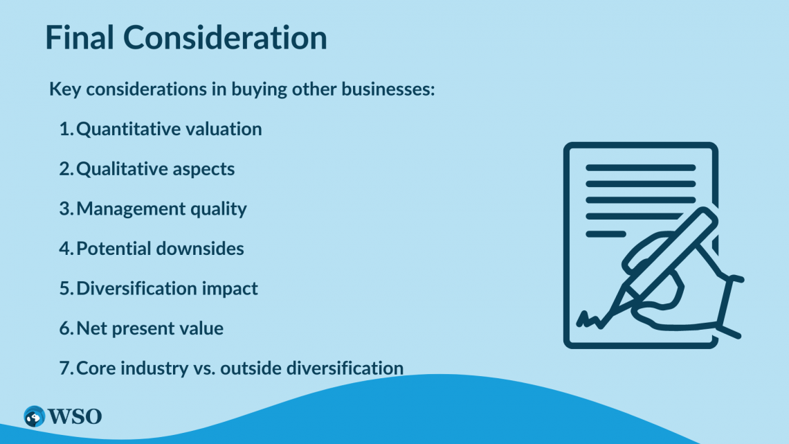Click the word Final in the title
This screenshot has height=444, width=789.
pyautogui.click(x=80, y=37)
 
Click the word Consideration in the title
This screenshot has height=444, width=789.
pyautogui.click(x=226, y=37)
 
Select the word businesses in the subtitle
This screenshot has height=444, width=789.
pyautogui.click(x=388, y=89)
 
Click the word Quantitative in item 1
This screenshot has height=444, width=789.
pyautogui.click(x=128, y=130)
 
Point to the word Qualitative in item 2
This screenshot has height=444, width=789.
pyautogui.click(x=121, y=169)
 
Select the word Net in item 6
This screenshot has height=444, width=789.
pyautogui.click(x=91, y=328)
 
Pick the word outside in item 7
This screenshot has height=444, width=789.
pyautogui.click(x=251, y=368)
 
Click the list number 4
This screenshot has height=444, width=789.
pyautogui.click(x=66, y=248)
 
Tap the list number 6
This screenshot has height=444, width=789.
pyautogui.click(x=66, y=328)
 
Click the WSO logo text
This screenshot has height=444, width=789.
pyautogui.click(x=75, y=417)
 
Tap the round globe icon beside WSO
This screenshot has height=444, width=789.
pyautogui.click(x=34, y=417)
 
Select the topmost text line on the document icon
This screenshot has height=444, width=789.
pyautogui.click(x=641, y=168)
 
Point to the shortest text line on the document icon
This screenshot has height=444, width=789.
pyautogui.click(x=606, y=234)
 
